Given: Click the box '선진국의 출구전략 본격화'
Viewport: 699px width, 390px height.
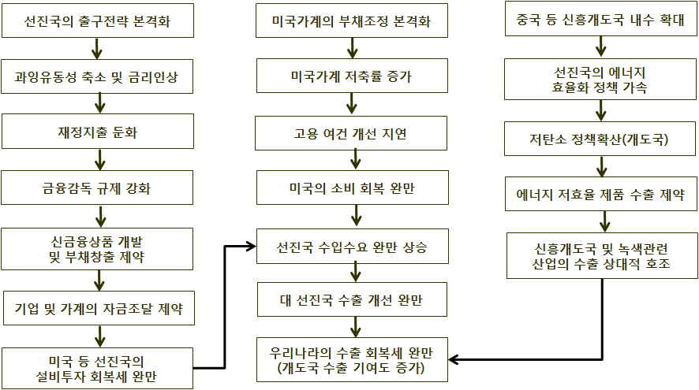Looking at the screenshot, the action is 98,20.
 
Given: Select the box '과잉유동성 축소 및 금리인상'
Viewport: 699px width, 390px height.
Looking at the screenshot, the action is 97,76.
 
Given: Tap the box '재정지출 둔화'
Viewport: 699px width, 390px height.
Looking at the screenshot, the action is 98,132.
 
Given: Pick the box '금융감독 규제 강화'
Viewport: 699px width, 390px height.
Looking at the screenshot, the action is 97,188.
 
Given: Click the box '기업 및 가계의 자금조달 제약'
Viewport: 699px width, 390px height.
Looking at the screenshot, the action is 99,308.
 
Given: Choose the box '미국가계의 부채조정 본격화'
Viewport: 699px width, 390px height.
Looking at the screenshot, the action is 352,20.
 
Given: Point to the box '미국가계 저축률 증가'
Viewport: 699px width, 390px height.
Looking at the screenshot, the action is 352,76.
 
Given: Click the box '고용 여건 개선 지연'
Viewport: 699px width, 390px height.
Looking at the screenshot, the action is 351,133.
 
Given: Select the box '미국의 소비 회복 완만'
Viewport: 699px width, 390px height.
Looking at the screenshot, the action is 353,188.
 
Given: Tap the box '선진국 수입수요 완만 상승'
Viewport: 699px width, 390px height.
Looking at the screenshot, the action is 353,246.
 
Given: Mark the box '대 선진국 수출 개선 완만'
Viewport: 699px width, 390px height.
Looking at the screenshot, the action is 352,299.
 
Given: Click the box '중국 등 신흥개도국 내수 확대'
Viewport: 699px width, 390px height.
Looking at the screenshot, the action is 601,19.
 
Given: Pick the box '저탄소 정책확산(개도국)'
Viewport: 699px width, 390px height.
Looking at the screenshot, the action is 600,139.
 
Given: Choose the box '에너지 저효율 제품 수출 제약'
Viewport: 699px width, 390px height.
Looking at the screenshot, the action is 601,194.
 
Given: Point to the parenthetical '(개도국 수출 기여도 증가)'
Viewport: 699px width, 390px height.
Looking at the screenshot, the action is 351,368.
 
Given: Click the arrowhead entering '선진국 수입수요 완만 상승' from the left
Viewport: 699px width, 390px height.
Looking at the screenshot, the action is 251,246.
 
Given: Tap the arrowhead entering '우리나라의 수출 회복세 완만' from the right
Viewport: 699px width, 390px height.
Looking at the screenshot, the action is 454,359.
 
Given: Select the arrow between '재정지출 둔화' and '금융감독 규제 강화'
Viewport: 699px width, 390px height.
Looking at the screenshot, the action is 100,160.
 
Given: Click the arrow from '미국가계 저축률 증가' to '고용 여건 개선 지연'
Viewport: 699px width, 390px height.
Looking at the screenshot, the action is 352,104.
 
